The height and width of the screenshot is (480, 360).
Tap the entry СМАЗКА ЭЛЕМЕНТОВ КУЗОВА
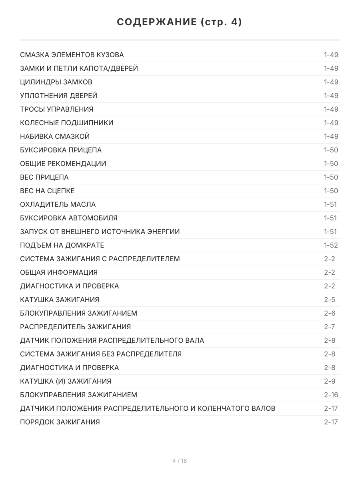pyautogui.click(x=72, y=55)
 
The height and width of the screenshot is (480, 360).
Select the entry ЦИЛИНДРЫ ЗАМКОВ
pyautogui.click(x=56, y=82)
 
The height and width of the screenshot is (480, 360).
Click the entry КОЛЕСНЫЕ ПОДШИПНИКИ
pyautogui.click(x=66, y=123)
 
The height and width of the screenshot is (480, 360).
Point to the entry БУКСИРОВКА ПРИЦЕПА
pyautogui.click(x=61, y=150)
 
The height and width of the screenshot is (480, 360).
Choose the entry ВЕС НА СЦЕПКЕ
pyautogui.click(x=47, y=191)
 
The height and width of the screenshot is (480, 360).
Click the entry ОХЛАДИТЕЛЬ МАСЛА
pyautogui.click(x=58, y=204)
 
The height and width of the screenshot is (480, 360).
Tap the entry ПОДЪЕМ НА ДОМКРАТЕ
pyautogui.click(x=62, y=245)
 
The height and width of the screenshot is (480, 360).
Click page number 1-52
pyautogui.click(x=331, y=245)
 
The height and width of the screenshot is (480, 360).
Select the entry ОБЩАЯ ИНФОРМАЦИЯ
pyautogui.click(x=59, y=272)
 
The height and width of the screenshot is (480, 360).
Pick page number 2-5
pyautogui.click(x=330, y=300)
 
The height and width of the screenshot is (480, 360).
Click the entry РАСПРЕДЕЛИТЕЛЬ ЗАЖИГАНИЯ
pyautogui.click(x=75, y=327)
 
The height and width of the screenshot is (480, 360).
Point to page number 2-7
pyautogui.click(x=330, y=327)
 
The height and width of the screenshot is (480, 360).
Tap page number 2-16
pyautogui.click(x=331, y=395)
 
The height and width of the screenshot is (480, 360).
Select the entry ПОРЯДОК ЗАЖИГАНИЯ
pyautogui.click(x=60, y=422)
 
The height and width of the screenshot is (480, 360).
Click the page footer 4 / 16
pyautogui.click(x=180, y=461)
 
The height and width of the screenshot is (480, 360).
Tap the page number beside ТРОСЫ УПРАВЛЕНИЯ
pyautogui.click(x=331, y=109)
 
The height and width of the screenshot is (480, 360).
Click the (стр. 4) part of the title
pyautogui.click(x=221, y=22)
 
